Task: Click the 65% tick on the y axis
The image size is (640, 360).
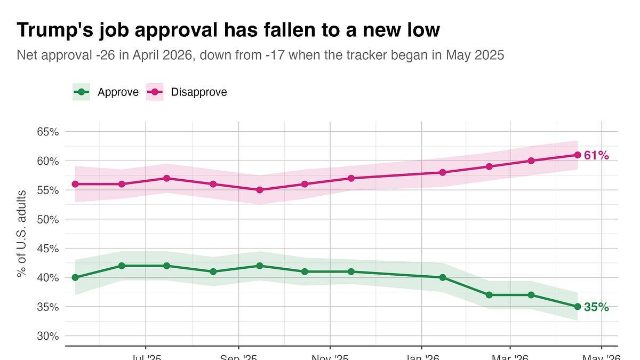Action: pos(47,132)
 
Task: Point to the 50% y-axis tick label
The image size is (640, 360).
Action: pos(47,219)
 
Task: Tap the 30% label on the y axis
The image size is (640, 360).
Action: pos(47,336)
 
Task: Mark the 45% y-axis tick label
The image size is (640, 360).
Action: pos(47,249)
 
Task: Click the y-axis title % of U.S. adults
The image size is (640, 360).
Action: pos(21,234)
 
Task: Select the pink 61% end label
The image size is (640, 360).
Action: pos(596,155)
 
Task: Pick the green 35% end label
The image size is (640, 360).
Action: pos(596,307)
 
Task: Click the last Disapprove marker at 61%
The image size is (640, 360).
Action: pos(577,155)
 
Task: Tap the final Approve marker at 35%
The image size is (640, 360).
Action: pos(577,307)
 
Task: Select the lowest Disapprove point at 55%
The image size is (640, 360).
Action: pos(260,190)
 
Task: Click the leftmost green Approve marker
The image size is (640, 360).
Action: pos(75,277)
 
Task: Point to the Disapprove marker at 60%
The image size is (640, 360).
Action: pos(531,161)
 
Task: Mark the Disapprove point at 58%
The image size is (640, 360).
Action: pos(443,172)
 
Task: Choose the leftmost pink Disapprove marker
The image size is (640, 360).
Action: pos(75,184)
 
